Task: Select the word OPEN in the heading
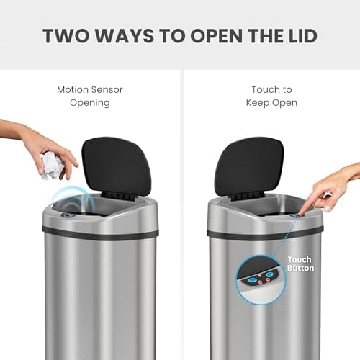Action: pos(212,35)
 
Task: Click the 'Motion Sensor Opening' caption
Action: pos(89,96)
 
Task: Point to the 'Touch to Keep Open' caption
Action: pos(271,96)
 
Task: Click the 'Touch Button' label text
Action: pos(300,264)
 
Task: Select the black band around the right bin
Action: pos(238,233)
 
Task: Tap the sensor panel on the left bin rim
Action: pos(67,215)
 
